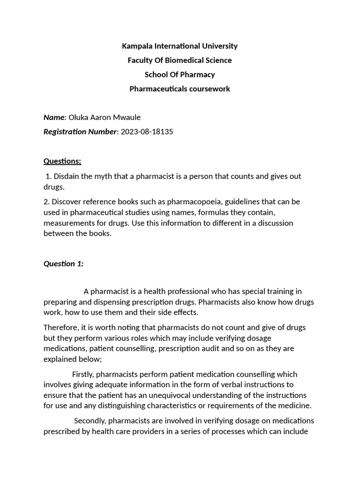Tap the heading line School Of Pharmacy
[180, 75]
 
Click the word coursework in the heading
[210, 89]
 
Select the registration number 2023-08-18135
[147, 132]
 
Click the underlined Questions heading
[62, 161]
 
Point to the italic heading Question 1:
[63, 263]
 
